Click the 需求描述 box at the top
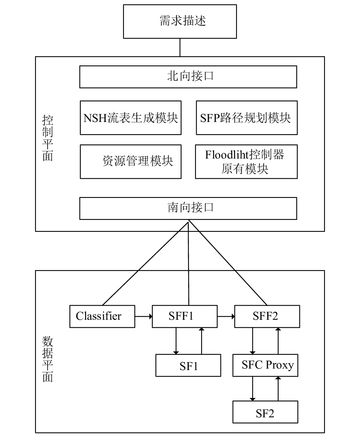coord(180,21)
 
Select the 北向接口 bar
coord(188,77)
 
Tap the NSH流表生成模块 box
coord(131,118)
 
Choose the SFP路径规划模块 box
coord(247,118)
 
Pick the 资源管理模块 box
coord(131,162)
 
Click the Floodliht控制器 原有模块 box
coord(246,162)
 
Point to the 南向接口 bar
coord(188,208)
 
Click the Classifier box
coord(102,316)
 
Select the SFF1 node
coord(185,316)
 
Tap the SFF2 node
coord(267,316)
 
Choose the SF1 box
coord(188,365)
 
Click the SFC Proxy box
coord(266,365)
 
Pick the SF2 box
coord(266,412)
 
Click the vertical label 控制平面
coord(48,138)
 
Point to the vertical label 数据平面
coord(48,359)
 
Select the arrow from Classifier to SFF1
coord(144,316)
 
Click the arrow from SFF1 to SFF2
coord(226,316)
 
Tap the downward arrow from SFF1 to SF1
coord(176,341)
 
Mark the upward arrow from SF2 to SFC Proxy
coord(278,389)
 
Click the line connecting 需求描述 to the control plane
coord(180,48)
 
